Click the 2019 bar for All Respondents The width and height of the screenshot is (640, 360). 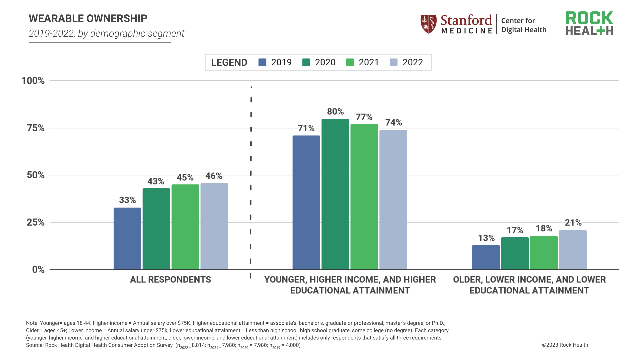point(127,239)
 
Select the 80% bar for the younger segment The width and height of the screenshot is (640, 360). point(335,194)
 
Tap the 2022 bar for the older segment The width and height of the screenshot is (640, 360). point(573,250)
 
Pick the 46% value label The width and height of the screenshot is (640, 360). point(214,176)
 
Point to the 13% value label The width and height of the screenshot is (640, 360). point(486,238)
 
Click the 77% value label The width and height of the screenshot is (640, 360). point(364,117)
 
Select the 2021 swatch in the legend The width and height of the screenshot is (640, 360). point(350,62)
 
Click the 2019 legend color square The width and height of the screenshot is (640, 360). point(262,62)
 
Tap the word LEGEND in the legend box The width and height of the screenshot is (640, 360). point(229,62)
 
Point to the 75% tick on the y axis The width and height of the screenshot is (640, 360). point(35,128)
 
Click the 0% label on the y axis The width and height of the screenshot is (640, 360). point(38,270)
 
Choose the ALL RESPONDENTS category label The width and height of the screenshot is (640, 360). point(170,279)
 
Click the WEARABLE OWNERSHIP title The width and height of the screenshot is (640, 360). point(88,18)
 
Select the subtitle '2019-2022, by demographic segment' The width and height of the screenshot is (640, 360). point(106,34)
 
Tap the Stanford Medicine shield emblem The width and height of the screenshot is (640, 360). point(428,24)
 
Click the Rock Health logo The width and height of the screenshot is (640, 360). point(589,23)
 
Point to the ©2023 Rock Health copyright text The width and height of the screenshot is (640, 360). point(565,345)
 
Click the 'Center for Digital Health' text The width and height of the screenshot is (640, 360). point(523,25)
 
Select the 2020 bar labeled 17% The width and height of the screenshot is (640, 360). point(515,253)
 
